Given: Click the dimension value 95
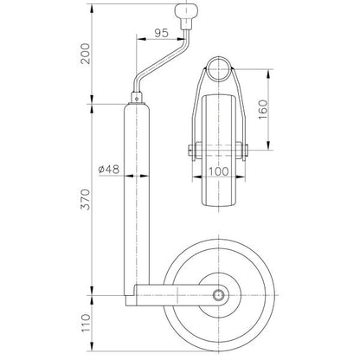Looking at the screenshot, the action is coord(161,33).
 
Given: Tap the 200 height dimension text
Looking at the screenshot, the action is coord(86,54).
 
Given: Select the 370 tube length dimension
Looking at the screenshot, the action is coord(86,199).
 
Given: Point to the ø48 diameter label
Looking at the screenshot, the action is coord(109,169).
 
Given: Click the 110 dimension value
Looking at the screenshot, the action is coord(86,323).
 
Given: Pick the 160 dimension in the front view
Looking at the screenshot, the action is coord(263,110).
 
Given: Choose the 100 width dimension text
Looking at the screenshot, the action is coord(219,171).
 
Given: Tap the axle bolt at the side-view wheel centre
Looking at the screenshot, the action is coord(218,295).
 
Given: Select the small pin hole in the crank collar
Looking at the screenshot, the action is coord(137,98).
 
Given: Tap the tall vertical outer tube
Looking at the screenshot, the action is coord(137,199).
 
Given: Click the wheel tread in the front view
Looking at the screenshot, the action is coord(219,151).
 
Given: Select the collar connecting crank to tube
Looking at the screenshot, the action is coord(137,97).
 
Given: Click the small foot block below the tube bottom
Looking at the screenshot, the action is coord(130,300).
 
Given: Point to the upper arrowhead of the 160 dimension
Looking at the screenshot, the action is coord(268,74).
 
